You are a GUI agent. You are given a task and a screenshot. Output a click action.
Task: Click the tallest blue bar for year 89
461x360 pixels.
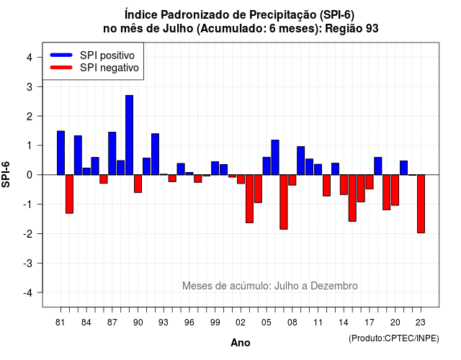coord(129,135)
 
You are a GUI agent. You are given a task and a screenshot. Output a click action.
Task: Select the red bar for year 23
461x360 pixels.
coord(421,204)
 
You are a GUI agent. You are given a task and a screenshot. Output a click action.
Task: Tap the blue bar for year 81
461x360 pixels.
coord(61,153)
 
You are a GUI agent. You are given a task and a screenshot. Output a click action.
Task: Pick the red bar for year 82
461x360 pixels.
coord(69,194)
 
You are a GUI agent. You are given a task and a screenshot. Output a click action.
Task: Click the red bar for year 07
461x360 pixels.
coord(284,202)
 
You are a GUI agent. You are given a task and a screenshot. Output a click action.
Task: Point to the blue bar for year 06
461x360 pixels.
coord(275,157)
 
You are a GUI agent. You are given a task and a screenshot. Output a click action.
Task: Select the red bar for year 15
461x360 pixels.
coord(352,198)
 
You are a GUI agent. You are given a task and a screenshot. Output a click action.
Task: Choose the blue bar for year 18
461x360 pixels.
coord(378,166)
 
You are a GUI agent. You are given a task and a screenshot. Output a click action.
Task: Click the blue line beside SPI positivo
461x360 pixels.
coord(61,55)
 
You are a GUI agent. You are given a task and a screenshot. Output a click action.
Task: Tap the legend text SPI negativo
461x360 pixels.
coord(109,68)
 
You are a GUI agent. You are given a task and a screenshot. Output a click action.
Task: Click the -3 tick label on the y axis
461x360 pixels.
coord(28,263)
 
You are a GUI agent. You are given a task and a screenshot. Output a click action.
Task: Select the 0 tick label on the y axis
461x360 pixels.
coord(30,175)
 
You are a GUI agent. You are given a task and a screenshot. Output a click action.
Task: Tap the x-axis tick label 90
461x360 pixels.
coord(138,323)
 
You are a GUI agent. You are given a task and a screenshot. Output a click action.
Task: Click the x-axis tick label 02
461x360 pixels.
coord(241,323)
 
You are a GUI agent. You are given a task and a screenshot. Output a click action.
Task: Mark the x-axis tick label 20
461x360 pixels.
coord(395,323)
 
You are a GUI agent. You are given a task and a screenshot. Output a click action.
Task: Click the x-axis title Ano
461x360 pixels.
coord(241,343)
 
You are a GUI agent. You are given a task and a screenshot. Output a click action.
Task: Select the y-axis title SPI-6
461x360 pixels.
coord(6,174)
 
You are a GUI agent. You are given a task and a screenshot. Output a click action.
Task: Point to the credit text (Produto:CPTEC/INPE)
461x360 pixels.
coord(394,338)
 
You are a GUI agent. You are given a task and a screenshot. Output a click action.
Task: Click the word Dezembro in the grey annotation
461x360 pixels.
coord(334,286)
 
